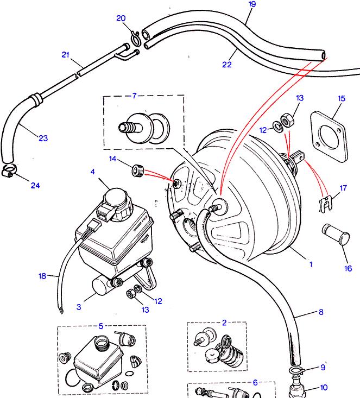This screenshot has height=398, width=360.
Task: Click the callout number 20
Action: point(121,18)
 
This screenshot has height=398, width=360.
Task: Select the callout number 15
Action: point(341,99)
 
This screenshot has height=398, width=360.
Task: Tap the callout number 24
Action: point(35,186)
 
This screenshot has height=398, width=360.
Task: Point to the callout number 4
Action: point(93,172)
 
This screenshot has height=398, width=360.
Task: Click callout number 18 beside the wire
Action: point(42,276)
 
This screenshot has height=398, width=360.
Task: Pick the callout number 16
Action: point(348,268)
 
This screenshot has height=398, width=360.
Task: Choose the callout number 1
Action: point(311,264)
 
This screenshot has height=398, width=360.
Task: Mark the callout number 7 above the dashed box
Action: point(134,96)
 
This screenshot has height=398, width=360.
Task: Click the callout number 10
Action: point(338,388)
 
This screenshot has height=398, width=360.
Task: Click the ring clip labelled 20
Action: point(135,36)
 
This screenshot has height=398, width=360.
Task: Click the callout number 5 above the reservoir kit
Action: point(100,326)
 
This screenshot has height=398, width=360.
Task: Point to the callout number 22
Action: point(227,64)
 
